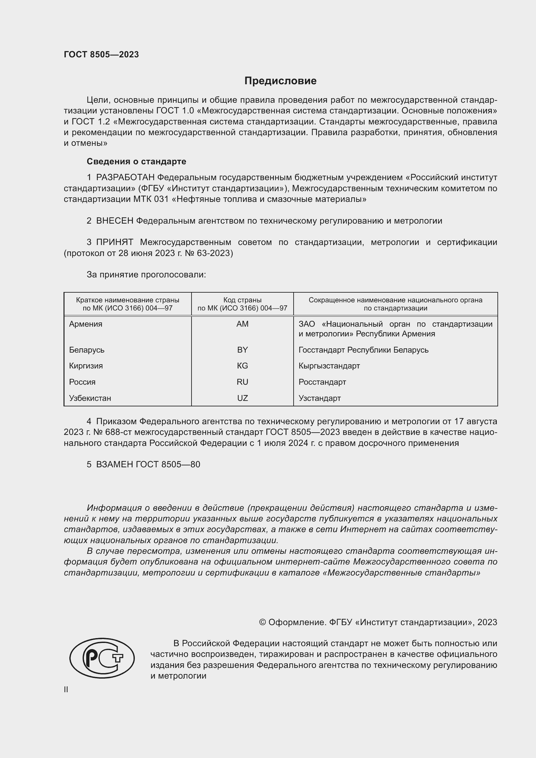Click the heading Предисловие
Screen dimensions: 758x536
coord(280,81)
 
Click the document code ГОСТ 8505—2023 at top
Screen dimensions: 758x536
coord(101,54)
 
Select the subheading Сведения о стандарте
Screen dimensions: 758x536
coord(136,161)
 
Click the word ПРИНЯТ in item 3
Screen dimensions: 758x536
coord(114,242)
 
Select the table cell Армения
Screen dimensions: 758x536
coord(86,324)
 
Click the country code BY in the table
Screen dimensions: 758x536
coord(242,350)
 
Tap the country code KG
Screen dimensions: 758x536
coord(242,366)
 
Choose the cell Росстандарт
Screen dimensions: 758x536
coord(322,382)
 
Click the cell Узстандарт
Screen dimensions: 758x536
coord(320,398)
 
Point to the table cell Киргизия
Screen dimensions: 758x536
coord(86,366)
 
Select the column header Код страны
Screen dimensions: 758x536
coord(242,300)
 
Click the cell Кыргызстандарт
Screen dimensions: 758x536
coord(329,366)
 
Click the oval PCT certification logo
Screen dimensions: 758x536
coord(102,658)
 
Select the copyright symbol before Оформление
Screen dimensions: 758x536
coord(262,622)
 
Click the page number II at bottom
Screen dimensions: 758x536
coord(66,690)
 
